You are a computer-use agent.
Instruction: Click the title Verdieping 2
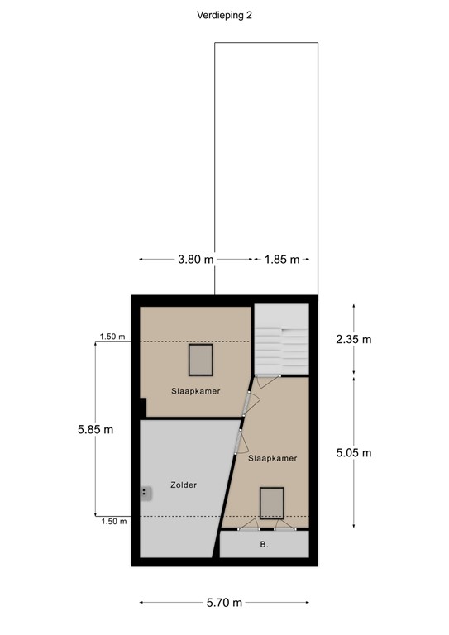225,15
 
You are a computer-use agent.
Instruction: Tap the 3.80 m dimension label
195,260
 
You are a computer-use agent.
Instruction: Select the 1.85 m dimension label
281,260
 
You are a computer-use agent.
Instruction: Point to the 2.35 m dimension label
355,339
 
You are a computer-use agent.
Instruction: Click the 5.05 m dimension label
355,452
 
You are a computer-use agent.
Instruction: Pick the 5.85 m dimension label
95,429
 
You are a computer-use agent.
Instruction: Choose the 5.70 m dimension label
224,603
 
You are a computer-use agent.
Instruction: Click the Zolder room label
184,485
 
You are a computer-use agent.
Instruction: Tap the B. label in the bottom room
264,545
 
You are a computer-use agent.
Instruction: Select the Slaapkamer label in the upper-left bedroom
196,390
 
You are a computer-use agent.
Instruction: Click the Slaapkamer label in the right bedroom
272,457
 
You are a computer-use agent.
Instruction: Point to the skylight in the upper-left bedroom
201,360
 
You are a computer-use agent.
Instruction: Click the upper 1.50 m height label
112,337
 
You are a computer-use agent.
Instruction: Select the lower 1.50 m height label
112,522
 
